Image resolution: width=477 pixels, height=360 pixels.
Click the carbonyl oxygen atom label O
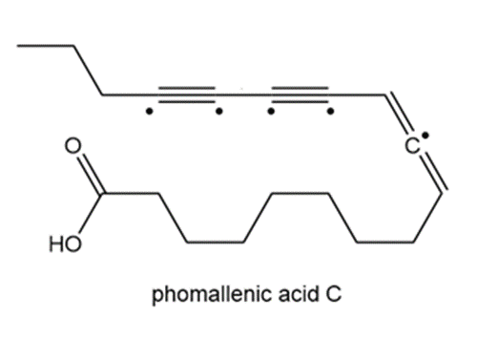coord(73,146)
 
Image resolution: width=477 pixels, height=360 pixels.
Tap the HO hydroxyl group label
coord(65,244)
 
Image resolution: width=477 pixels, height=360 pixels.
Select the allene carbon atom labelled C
coord(412,146)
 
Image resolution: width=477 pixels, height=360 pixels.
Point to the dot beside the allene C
coord(426,136)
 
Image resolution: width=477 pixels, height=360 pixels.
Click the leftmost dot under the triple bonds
coord(149,112)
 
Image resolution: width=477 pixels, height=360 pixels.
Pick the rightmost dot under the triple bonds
coord(331,112)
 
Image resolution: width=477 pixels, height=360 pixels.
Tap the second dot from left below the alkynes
coord(219,112)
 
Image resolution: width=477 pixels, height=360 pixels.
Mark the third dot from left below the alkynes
coord(271,112)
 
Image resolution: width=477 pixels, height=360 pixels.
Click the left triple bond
coord(187,95)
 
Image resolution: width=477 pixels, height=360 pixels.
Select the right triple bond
coord(301,95)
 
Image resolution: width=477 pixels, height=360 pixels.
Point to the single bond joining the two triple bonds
coord(243,95)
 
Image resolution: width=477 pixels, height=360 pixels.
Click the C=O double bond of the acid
coord(91,175)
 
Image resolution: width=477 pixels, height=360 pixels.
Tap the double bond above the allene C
coord(398,113)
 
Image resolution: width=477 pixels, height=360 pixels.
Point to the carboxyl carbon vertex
coord(102,193)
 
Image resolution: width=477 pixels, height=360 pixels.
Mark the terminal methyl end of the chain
coord(18,46)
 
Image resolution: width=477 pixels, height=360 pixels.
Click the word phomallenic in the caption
coord(212,294)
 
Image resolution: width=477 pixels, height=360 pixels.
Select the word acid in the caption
coord(299,294)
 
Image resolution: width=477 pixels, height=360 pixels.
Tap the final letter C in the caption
coord(333,294)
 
